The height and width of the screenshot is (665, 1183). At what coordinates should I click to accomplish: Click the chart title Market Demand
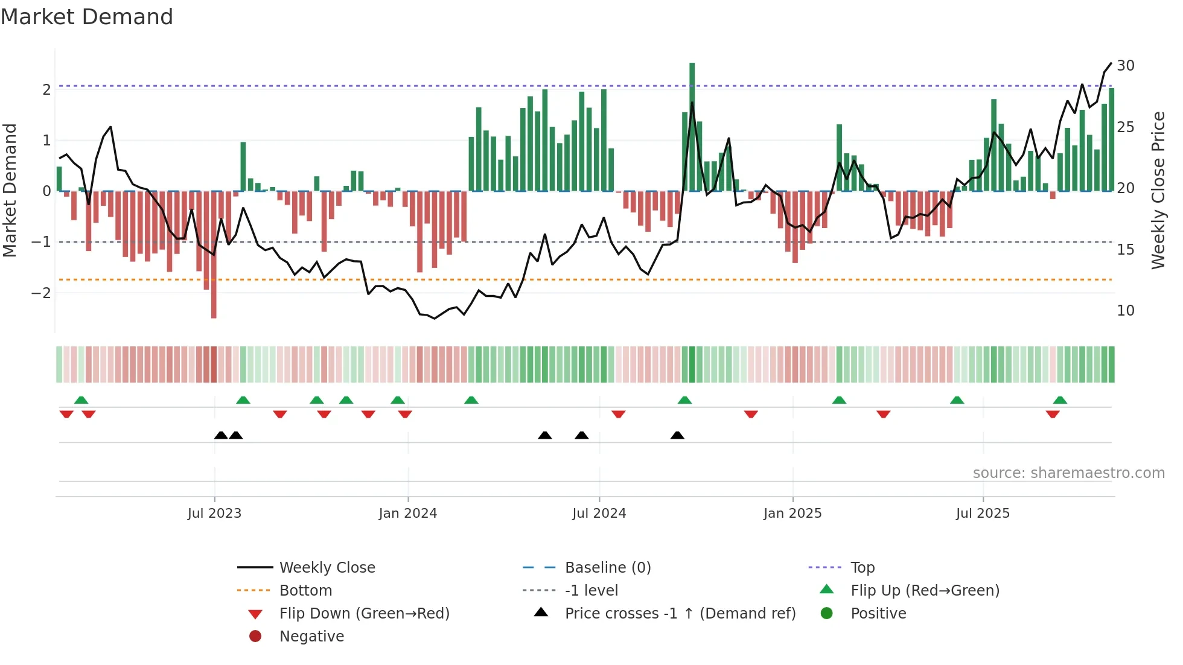87,17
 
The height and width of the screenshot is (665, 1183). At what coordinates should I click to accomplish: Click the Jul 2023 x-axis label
214,514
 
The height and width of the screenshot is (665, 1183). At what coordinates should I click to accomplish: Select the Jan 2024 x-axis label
407,514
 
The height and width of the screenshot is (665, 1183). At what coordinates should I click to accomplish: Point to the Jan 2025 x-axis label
792,514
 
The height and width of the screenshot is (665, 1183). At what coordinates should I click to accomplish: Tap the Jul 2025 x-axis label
983,514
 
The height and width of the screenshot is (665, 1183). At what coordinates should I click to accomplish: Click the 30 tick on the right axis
1125,65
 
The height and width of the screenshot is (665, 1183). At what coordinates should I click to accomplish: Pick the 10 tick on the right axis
1125,311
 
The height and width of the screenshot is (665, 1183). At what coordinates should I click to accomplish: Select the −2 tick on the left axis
41,293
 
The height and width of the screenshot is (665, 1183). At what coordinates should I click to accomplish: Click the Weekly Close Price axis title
1158,190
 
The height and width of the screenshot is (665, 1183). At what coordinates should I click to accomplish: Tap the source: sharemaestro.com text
1068,473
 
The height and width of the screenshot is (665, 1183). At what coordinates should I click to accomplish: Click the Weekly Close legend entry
327,568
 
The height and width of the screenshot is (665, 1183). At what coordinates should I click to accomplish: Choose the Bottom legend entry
305,591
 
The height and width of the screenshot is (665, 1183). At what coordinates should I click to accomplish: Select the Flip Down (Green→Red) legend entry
364,614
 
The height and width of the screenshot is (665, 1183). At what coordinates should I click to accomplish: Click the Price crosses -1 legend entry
680,614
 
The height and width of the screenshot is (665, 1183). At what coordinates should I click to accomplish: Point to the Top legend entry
862,568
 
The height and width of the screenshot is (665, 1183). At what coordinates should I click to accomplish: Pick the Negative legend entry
311,637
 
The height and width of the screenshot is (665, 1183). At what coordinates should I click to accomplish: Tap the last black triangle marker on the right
677,435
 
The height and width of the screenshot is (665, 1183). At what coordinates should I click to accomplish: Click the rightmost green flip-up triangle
1060,400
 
